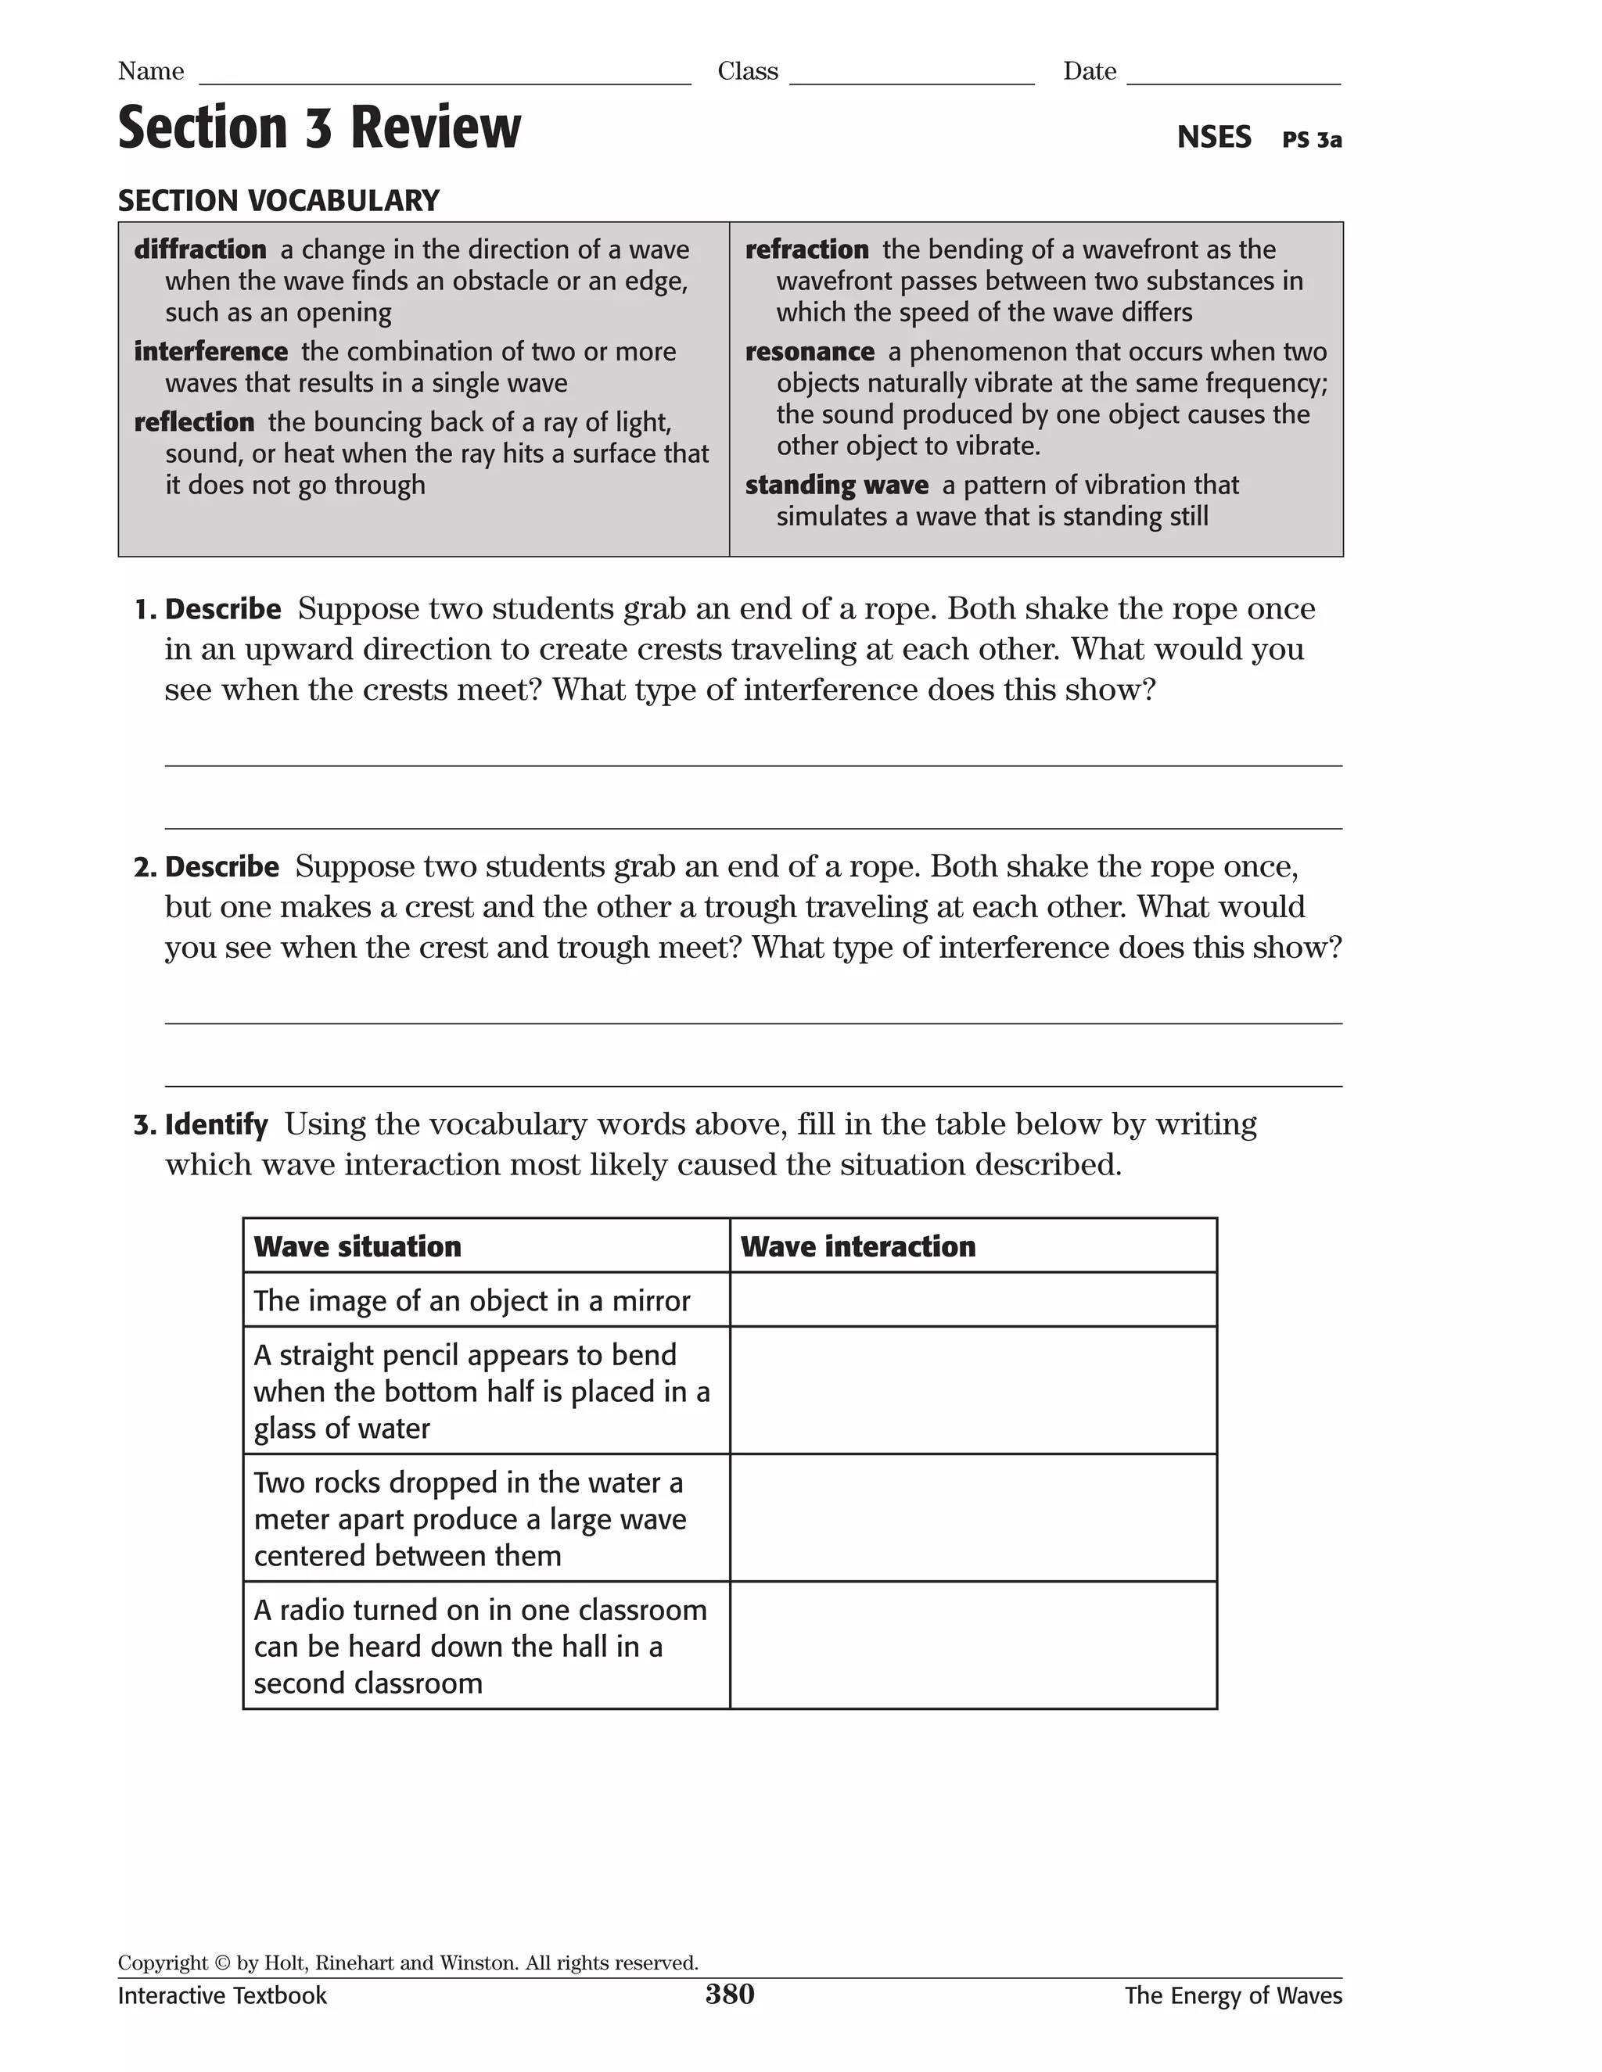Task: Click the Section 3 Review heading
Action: [319, 128]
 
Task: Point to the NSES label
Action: [1214, 138]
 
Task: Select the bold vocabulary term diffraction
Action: [200, 249]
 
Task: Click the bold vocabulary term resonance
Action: [810, 352]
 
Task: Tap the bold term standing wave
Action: [836, 486]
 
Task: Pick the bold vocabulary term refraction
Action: [806, 249]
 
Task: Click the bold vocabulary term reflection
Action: [195, 422]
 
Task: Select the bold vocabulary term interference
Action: [210, 352]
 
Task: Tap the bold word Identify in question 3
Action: [217, 1125]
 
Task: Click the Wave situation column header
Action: [357, 1246]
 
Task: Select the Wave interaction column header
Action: [858, 1246]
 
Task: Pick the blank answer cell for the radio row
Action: [973, 1646]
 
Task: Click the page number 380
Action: [729, 1995]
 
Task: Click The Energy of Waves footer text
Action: [1233, 1996]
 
